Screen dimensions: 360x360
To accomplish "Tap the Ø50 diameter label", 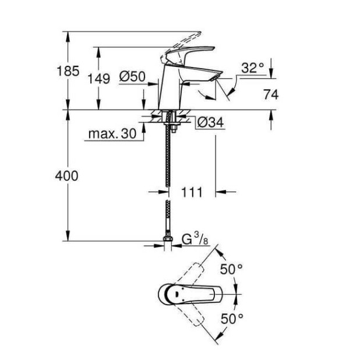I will coord(132,76).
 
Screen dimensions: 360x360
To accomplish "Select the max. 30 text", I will coord(112,133).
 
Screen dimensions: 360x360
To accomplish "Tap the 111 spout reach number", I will coord(192,192).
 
